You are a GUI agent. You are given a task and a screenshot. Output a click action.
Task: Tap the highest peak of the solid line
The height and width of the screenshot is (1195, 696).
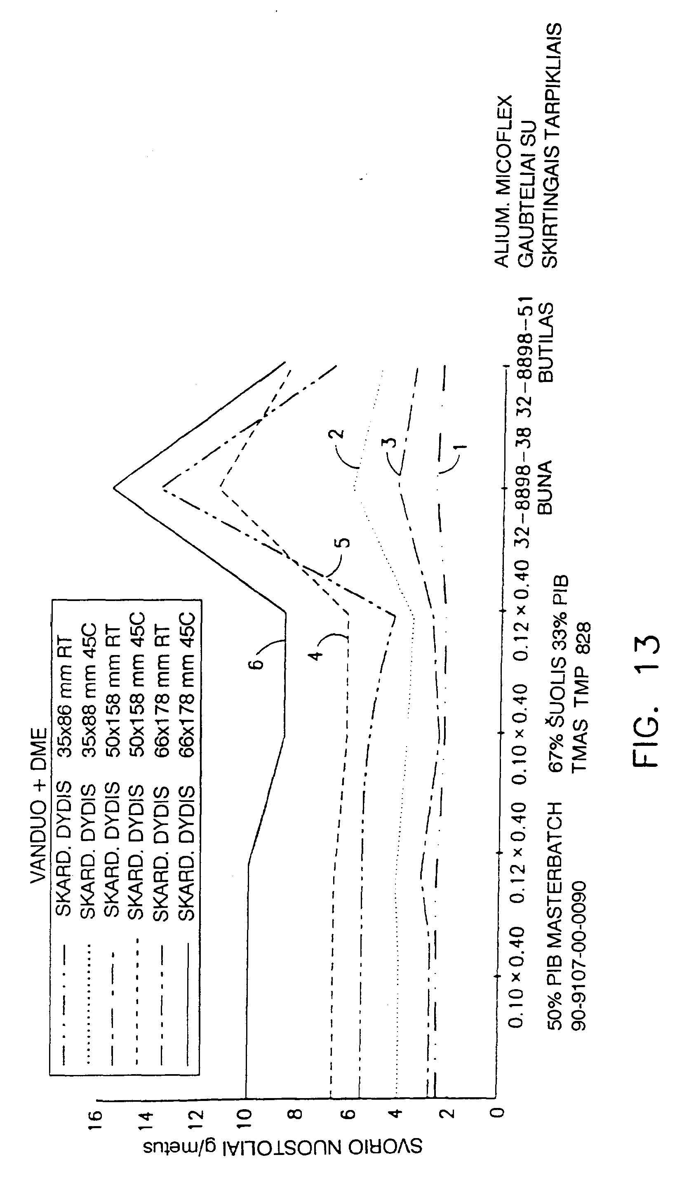[114, 488]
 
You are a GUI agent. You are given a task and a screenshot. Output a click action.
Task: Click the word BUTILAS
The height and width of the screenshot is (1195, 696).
[546, 342]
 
